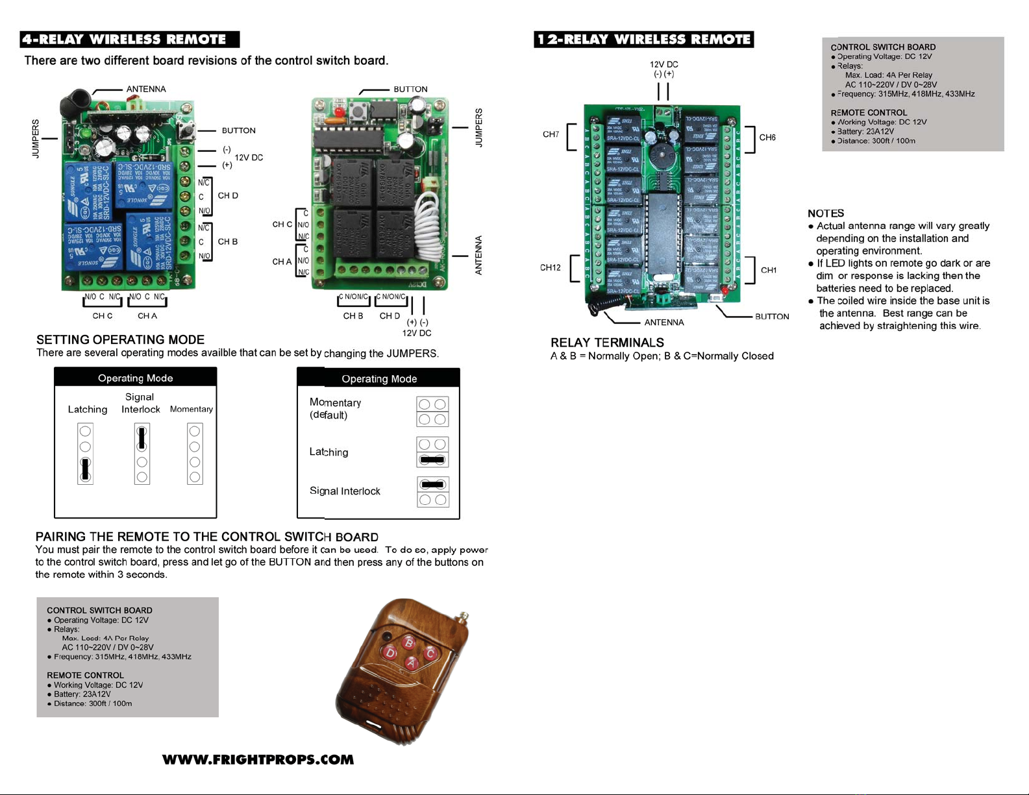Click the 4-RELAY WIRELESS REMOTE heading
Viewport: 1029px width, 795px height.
click(129, 40)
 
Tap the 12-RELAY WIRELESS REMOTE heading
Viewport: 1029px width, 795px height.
click(643, 40)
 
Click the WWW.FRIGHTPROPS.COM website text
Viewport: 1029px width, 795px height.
click(258, 760)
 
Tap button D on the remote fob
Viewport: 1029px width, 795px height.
click(390, 652)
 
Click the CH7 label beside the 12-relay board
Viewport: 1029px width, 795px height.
click(551, 134)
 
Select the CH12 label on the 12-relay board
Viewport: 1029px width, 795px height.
click(550, 267)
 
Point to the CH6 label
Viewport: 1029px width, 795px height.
click(767, 138)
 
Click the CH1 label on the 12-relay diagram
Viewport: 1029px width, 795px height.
click(769, 270)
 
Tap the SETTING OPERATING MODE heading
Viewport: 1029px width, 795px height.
click(120, 339)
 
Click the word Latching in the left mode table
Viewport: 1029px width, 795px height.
click(88, 410)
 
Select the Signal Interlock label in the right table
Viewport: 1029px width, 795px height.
click(345, 491)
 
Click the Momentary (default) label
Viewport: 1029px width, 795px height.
click(335, 409)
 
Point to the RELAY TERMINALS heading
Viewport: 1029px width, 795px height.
click(607, 343)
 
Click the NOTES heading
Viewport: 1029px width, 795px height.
click(826, 214)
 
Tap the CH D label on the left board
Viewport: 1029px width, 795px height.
click(227, 195)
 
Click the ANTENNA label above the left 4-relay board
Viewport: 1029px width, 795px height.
click(146, 89)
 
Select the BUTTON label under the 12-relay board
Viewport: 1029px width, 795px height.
click(772, 317)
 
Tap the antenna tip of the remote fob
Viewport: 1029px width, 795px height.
click(464, 613)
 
